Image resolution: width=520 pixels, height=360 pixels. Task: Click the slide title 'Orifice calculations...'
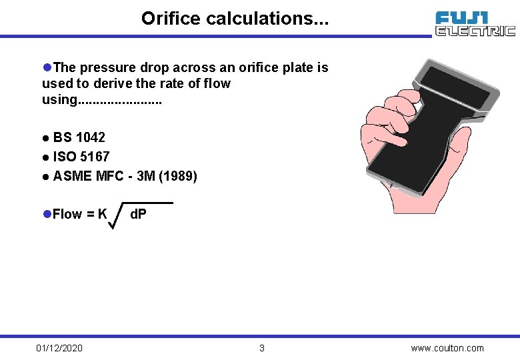[234, 18]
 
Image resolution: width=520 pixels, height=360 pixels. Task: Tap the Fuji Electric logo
[475, 23]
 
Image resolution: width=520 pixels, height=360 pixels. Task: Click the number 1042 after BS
[91, 138]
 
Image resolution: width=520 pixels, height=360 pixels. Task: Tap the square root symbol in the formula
[115, 215]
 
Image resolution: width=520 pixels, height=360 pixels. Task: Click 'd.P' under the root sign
[139, 215]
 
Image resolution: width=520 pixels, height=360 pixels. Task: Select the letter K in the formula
[102, 214]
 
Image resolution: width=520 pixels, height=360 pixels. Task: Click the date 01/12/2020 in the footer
[59, 348]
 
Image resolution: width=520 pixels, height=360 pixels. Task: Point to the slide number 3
[261, 348]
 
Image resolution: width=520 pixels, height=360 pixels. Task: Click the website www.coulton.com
[447, 348]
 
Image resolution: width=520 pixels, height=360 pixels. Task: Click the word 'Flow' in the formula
[67, 214]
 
